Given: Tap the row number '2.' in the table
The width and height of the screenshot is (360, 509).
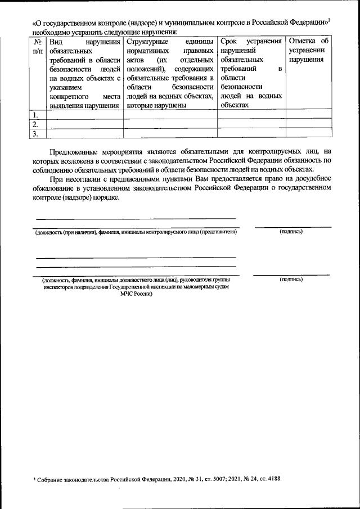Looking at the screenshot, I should point(35,124).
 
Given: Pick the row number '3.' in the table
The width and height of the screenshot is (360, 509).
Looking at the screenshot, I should point(35,134).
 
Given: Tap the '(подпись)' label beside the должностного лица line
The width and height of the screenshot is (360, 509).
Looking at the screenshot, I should point(291,279).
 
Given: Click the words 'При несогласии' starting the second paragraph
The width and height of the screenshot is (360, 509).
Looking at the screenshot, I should point(74,179).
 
